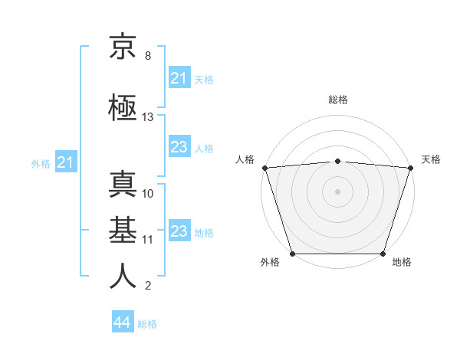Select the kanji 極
pos(123,107)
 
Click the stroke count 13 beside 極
pos(148,117)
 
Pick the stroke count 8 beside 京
pos(148,56)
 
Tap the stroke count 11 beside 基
pos(148,239)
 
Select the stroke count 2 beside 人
pos(148,286)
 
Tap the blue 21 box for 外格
pos(65,162)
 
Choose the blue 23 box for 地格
pos(179,231)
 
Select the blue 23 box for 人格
pos(179,147)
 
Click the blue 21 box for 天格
pos(179,78)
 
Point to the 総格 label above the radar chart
pos(337,100)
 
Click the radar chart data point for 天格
pos(411,168)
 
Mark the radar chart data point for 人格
pos(264,168)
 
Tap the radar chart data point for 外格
pos(292,254)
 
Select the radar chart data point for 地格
pos(383,254)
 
